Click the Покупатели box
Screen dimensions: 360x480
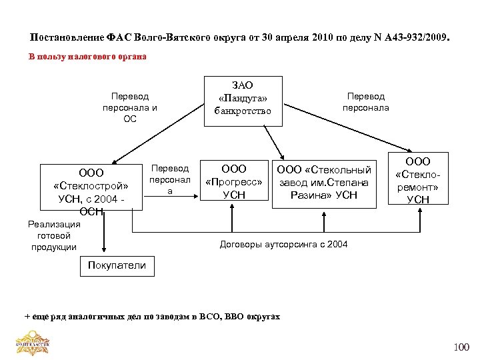tap(117, 265)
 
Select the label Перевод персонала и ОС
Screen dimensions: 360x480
tap(130, 107)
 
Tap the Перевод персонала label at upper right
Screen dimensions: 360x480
tap(366, 102)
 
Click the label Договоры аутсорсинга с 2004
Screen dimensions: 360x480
tap(283, 245)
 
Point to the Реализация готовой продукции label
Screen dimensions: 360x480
tap(54, 235)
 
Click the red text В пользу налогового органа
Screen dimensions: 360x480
tap(87, 57)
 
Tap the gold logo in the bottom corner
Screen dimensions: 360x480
tap(33, 343)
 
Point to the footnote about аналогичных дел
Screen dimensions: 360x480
tap(152, 316)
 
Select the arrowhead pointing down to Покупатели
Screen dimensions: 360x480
tap(104, 253)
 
